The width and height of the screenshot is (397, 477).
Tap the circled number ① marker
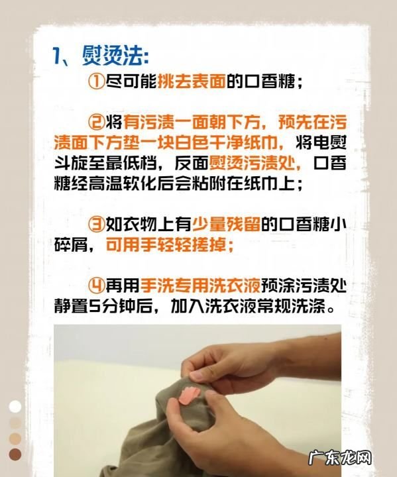pos(96,81)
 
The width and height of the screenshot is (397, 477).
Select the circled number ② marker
pos(96,122)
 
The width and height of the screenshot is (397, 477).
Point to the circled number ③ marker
pos(96,224)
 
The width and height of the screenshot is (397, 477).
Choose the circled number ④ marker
pos(96,286)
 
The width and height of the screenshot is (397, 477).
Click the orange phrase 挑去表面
pos(192,81)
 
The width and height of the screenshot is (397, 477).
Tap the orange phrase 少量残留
pos(226,224)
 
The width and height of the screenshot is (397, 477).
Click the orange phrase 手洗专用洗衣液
pos(200,286)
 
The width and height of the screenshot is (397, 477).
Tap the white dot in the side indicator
pos(15,406)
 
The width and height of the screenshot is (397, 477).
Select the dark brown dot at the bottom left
pos(15,454)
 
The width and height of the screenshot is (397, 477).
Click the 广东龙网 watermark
pos(340,458)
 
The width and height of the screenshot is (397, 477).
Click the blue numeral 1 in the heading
pos(56,56)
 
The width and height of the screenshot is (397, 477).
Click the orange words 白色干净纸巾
pos(226,142)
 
